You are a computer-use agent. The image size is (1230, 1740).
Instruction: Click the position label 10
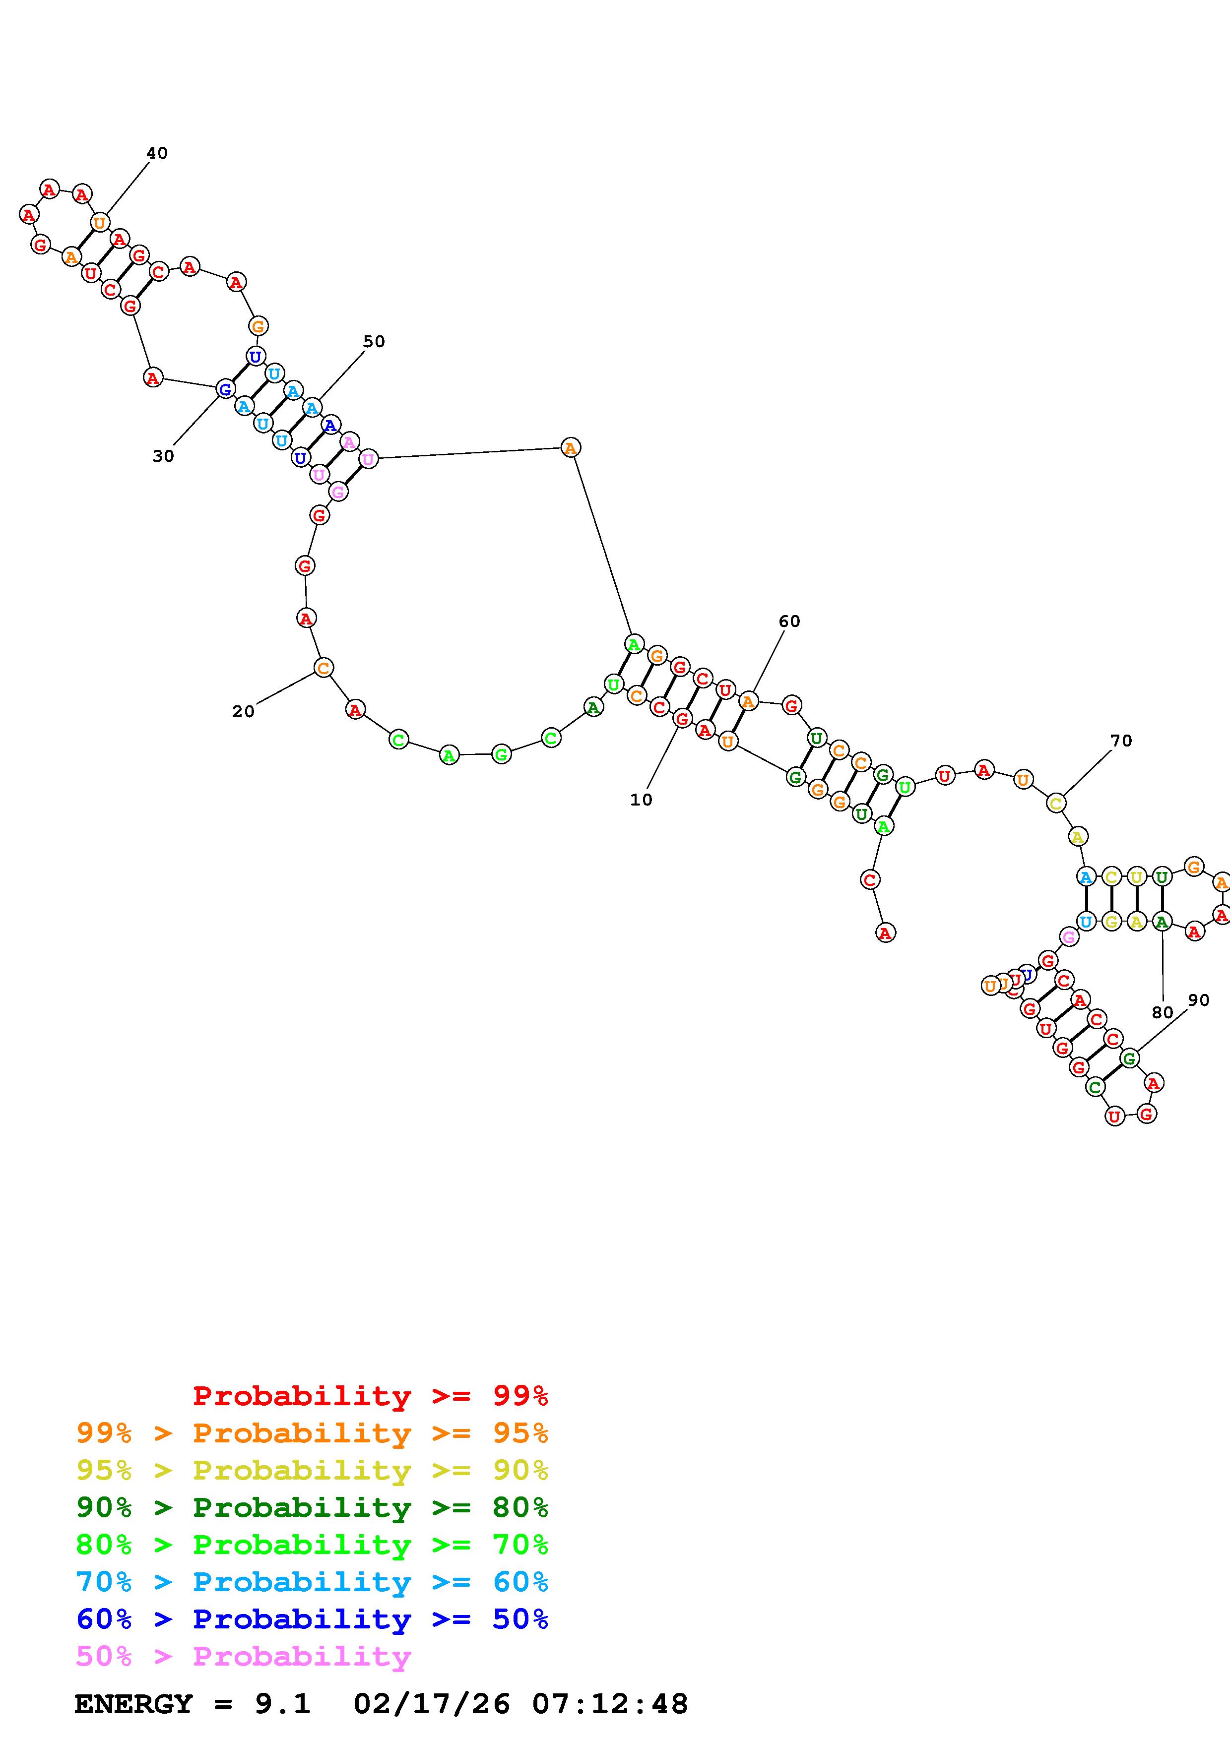point(641,800)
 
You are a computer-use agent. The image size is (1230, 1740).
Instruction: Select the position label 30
point(163,456)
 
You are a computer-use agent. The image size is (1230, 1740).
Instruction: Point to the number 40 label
point(157,153)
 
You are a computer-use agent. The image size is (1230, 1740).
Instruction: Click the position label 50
point(374,342)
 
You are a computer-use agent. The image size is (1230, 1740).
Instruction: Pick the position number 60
point(789,621)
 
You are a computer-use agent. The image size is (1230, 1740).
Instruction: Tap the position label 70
point(1121,741)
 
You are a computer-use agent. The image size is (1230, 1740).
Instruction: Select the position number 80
point(1162,1012)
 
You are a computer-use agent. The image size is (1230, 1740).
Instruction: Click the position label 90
point(1198,1000)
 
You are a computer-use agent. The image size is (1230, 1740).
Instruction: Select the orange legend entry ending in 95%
point(312,1433)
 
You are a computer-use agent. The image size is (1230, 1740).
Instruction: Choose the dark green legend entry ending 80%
point(312,1507)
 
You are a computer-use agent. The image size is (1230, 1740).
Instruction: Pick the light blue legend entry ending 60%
point(312,1582)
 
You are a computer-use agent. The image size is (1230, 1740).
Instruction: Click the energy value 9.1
point(282,1704)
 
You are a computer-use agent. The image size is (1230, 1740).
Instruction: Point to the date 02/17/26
point(431,1704)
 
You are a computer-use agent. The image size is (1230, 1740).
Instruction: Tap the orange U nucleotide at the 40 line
point(99,223)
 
